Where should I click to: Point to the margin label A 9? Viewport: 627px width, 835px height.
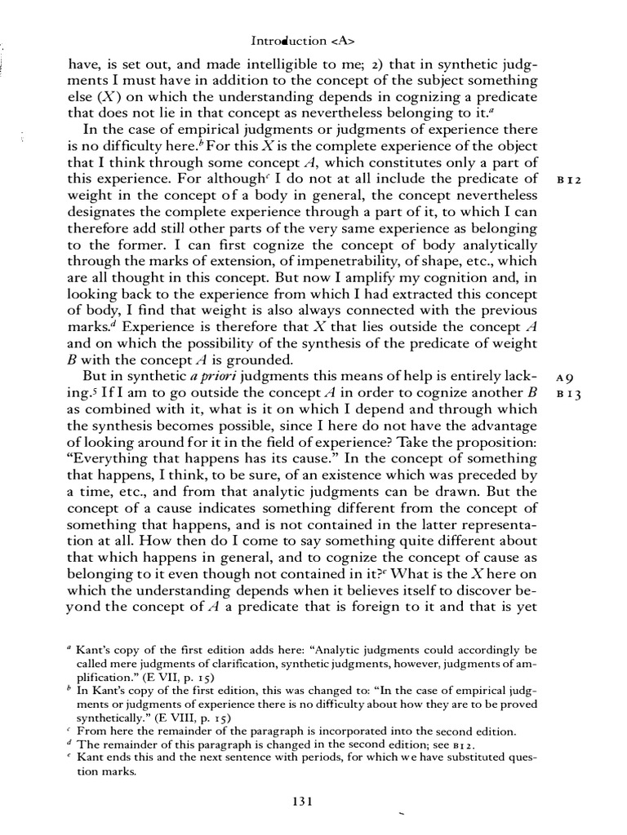567,378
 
